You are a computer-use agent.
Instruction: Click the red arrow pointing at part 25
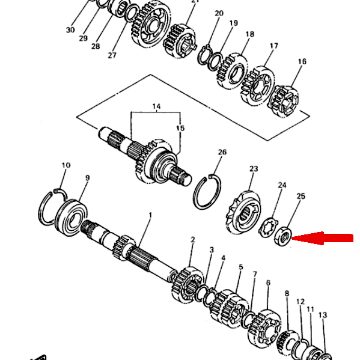tap(322, 238)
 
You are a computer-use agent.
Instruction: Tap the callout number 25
tap(301, 197)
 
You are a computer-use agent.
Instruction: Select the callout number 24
tap(282, 185)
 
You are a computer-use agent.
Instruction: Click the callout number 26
tap(222, 152)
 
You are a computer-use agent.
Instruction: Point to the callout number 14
tap(156, 106)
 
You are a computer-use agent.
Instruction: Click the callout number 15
tap(180, 128)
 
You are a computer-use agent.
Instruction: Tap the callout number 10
tap(66, 165)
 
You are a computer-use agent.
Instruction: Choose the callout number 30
tap(70, 30)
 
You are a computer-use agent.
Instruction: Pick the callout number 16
tap(302, 61)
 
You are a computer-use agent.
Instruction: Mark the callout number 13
tap(323, 315)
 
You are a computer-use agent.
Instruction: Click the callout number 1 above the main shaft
tap(150, 215)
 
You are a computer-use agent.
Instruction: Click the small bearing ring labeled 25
tap(283, 236)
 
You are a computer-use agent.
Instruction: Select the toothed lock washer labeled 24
tap(267, 227)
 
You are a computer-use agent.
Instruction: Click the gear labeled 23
tap(243, 212)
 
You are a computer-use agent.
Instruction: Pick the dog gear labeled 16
tap(284, 101)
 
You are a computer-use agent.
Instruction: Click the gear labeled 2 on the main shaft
tap(188, 284)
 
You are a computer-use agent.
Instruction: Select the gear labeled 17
tap(258, 86)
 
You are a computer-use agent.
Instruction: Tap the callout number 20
tap(219, 13)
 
